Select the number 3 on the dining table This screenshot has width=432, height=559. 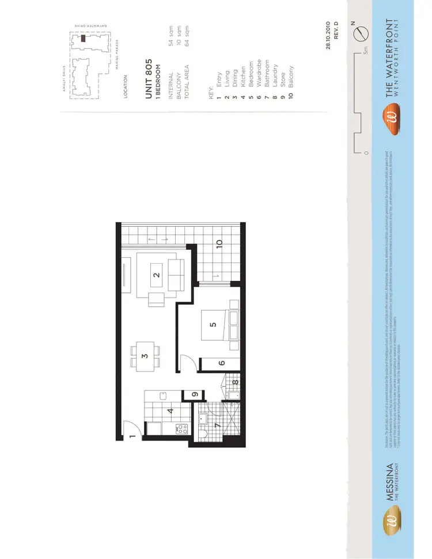(145, 356)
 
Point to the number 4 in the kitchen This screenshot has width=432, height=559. (170, 411)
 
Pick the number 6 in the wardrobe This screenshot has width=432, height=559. (221, 363)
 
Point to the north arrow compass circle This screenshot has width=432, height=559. (362, 33)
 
